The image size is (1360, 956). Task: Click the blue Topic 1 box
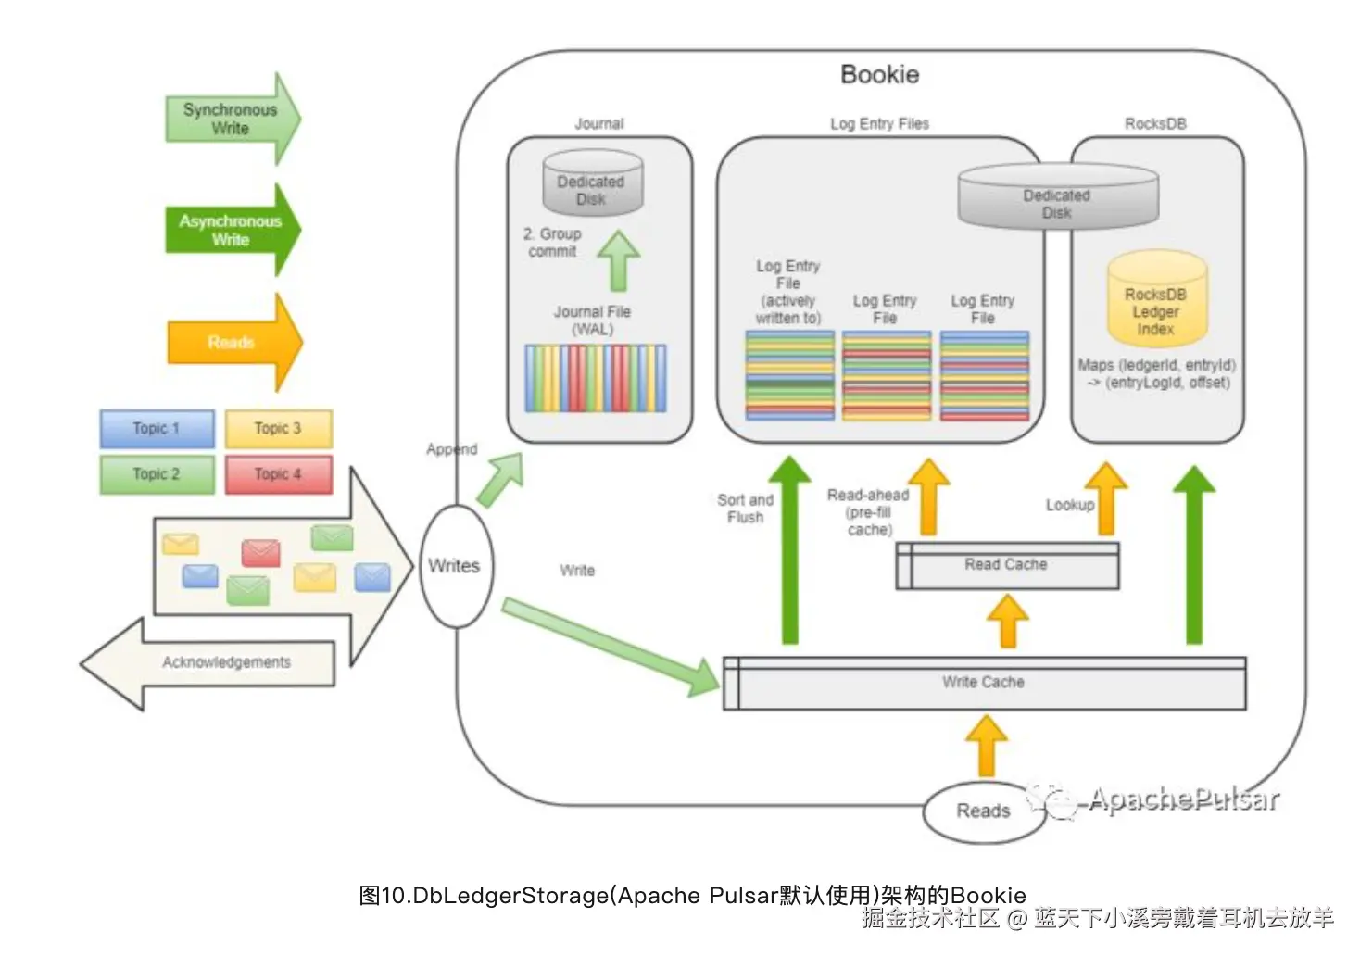[157, 428]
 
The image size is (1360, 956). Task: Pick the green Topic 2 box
[157, 473]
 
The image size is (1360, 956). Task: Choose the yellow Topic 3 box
[278, 428]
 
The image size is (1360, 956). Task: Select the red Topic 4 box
[278, 473]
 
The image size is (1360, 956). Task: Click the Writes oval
[455, 566]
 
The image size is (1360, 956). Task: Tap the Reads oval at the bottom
[983, 811]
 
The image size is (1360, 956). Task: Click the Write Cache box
[984, 683]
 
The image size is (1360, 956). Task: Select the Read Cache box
[1007, 565]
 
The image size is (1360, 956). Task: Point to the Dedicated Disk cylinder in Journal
[592, 184]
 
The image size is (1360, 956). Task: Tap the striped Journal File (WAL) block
[595, 378]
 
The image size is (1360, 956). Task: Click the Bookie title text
[879, 75]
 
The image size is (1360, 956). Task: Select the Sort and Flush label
[746, 509]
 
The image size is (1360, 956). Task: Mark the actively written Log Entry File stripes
[789, 375]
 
